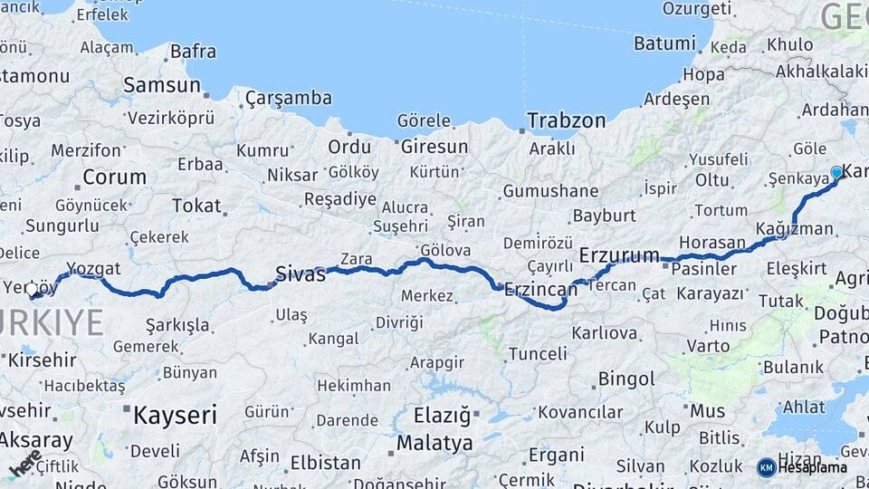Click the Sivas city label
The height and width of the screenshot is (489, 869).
point(301,274)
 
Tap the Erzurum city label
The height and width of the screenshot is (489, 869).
point(619,255)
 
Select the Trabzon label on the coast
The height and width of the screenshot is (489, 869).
point(567,120)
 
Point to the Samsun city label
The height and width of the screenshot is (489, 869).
point(162,85)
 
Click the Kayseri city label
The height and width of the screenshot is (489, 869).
point(175,416)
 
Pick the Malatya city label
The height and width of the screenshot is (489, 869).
point(434,443)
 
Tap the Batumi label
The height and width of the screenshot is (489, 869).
point(664,43)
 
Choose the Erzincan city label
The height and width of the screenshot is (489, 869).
point(540,290)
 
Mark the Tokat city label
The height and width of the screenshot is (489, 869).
point(196,206)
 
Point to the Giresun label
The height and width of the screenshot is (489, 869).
point(434,146)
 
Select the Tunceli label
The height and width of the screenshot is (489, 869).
point(538,353)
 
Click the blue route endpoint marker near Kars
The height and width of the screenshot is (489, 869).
point(836,172)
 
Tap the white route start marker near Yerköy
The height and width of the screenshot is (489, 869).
point(32,290)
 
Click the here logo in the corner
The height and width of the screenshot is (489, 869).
point(25,464)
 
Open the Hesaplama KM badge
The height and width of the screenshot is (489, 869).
point(803,467)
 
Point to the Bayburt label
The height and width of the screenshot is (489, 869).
point(605,216)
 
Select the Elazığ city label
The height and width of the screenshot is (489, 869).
point(442,417)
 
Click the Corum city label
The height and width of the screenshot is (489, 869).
point(114,177)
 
